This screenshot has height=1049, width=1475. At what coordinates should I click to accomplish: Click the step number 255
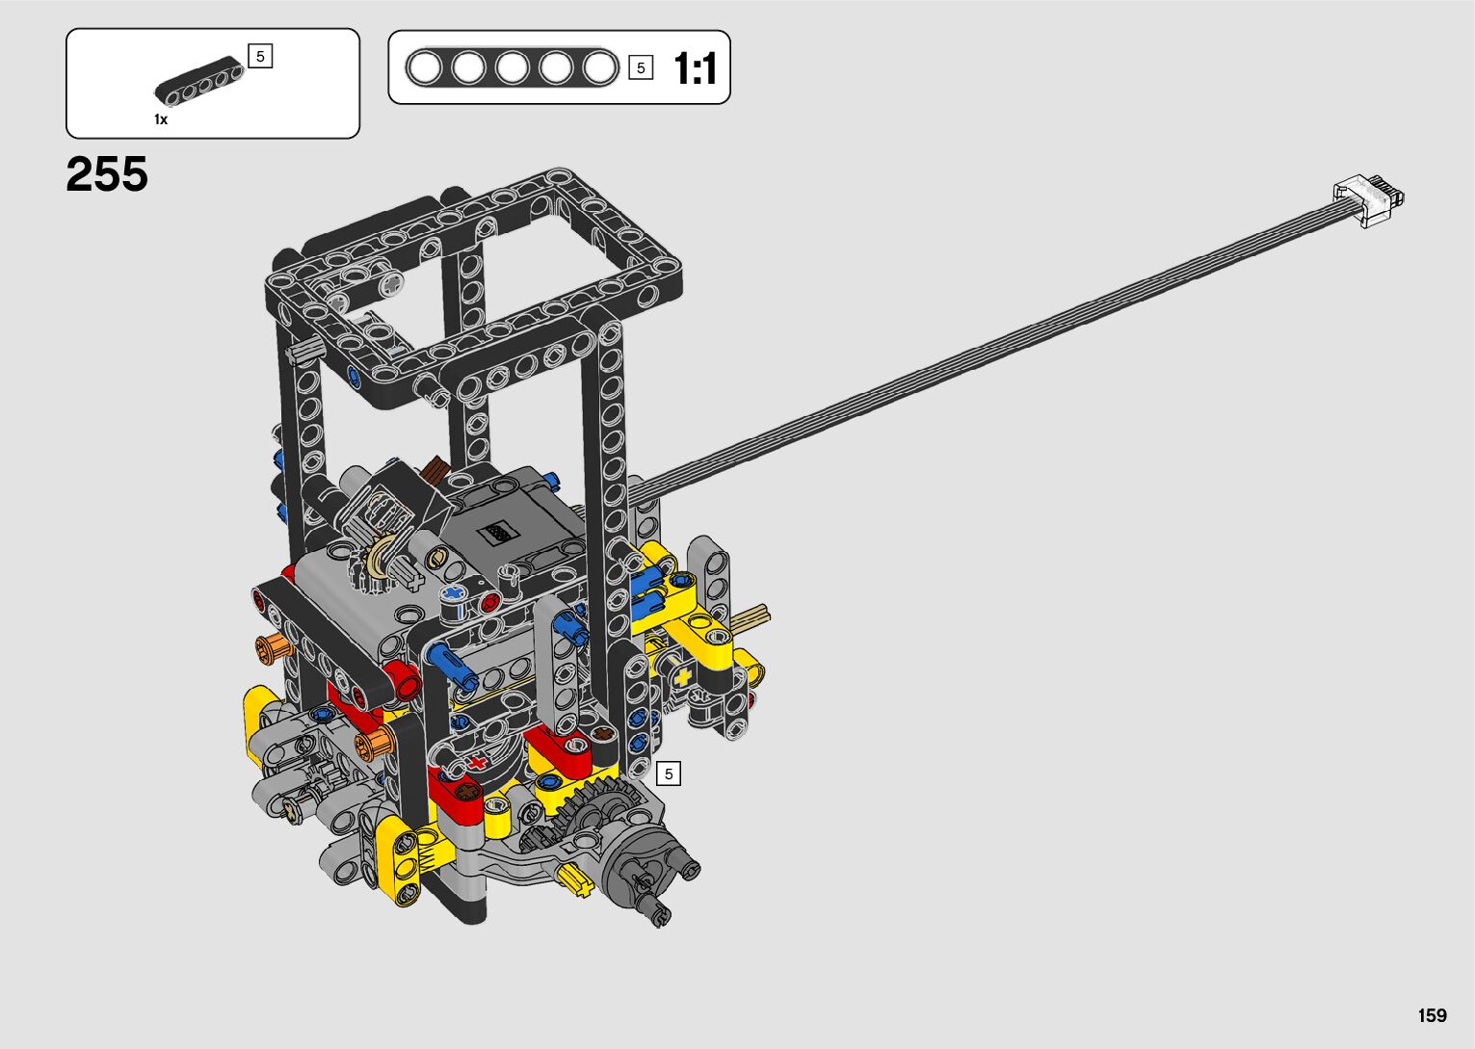(x=107, y=174)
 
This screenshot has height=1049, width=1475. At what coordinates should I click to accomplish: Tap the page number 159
(x=1433, y=1015)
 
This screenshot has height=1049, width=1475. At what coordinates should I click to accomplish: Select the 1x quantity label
(x=161, y=119)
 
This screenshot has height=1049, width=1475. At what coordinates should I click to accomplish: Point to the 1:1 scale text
(x=695, y=68)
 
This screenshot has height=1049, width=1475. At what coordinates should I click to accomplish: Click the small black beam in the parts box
(x=198, y=82)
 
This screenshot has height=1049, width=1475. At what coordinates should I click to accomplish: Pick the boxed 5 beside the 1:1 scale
(x=641, y=67)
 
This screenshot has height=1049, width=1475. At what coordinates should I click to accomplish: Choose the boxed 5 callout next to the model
(x=669, y=774)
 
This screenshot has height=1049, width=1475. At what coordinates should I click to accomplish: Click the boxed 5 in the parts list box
(x=260, y=57)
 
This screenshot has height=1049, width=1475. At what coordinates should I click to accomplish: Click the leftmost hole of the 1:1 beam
(x=424, y=67)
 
